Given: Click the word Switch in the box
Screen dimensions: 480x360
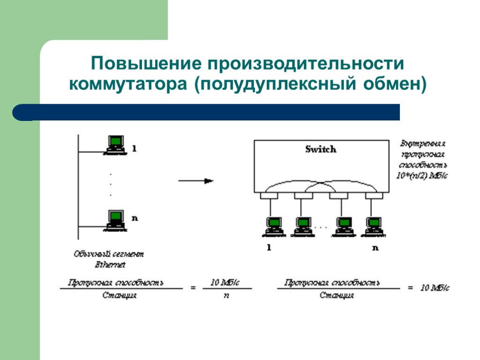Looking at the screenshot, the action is pyautogui.click(x=321, y=150).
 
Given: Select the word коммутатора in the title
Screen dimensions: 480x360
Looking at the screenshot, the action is pyautogui.click(x=127, y=85).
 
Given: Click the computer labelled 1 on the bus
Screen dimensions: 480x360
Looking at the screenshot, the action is pyautogui.click(x=115, y=144).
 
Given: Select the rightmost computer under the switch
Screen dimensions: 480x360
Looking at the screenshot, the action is pyautogui.click(x=374, y=226).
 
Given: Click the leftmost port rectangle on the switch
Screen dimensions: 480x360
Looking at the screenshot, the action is pyautogui.click(x=266, y=196).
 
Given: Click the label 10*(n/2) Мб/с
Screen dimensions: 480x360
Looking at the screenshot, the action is pyautogui.click(x=422, y=176).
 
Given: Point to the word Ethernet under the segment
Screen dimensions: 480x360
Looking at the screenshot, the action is pyautogui.click(x=110, y=265).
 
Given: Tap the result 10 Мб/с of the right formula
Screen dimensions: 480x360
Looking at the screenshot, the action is pyautogui.click(x=435, y=288).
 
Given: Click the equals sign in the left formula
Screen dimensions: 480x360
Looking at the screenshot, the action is pyautogui.click(x=193, y=289).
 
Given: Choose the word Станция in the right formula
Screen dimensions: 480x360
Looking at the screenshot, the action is pyautogui.click(x=337, y=296).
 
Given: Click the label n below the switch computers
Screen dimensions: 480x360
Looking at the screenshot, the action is pyautogui.click(x=375, y=248).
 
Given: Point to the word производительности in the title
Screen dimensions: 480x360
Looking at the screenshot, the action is pyautogui.click(x=303, y=64).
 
